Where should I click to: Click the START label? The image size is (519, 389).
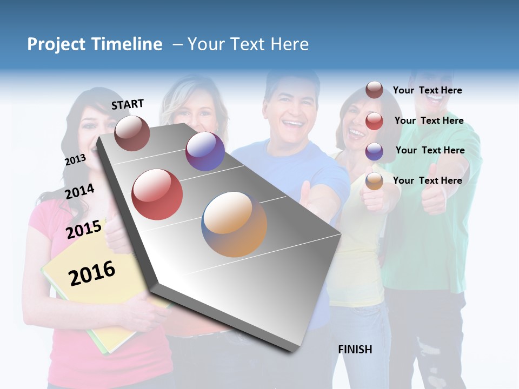128,104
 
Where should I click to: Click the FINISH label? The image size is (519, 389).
355,350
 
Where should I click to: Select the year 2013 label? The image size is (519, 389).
75,159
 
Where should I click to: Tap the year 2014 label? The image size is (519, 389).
79,191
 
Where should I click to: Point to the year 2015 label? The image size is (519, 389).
84,229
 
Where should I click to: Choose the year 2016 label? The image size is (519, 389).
92,273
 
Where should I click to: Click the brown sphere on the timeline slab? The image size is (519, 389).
132,133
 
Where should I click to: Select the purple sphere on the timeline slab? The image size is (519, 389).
205,151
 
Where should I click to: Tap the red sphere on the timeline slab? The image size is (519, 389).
157,194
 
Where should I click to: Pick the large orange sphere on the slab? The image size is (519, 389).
234,224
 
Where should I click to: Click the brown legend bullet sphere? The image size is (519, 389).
374,90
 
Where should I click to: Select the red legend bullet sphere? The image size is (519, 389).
374,121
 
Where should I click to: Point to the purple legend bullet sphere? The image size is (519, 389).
374,151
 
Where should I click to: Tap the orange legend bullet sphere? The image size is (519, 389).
374,181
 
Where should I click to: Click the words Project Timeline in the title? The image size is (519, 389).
95,44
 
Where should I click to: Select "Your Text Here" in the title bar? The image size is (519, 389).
248,44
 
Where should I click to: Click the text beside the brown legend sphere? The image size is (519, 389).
427,90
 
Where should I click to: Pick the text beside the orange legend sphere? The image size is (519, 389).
427,180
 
